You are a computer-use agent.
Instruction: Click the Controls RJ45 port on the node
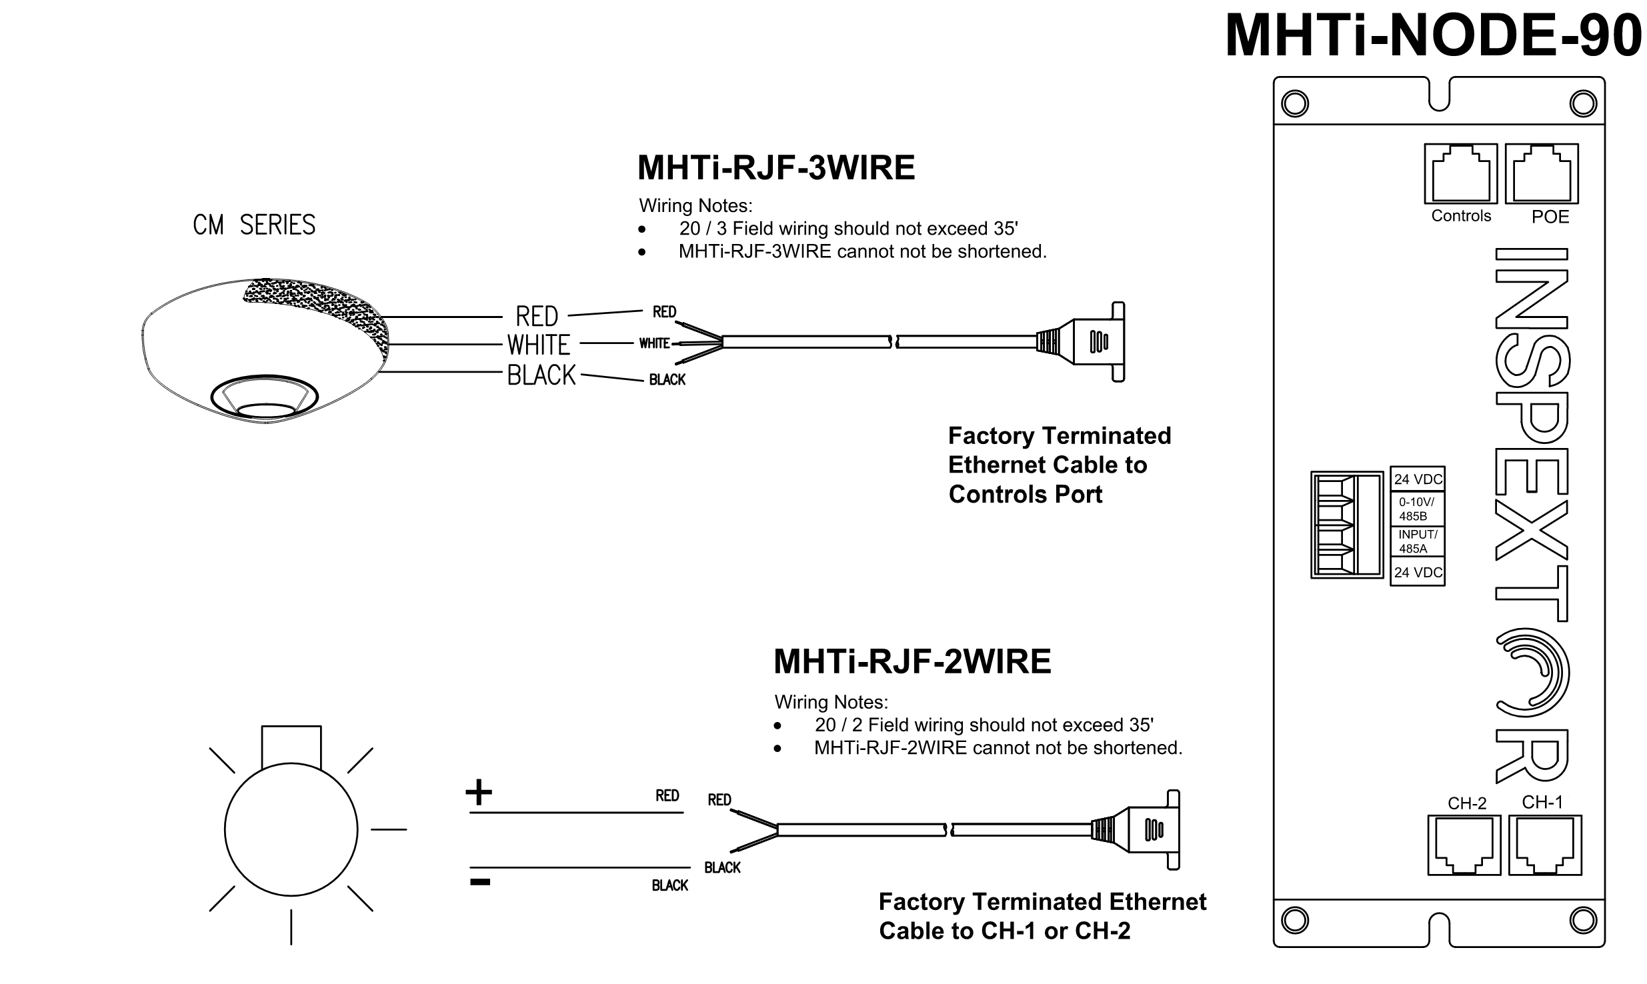click(1460, 173)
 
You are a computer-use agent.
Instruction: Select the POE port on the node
click(1541, 173)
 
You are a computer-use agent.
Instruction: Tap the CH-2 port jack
click(1464, 845)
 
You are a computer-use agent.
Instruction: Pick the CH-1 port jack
click(1544, 845)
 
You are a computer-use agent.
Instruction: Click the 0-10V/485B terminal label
click(1417, 509)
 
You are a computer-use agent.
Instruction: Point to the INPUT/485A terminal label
click(1417, 542)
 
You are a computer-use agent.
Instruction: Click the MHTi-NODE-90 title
click(1434, 36)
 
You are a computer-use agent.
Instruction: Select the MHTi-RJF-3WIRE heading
click(776, 167)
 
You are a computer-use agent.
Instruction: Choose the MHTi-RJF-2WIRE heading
click(912, 662)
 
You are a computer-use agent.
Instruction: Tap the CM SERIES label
click(254, 225)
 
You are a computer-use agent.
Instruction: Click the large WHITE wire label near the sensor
click(539, 345)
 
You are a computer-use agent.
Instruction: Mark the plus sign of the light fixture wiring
click(479, 793)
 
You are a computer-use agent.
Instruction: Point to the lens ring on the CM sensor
click(265, 399)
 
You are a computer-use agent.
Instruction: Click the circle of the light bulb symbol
click(291, 830)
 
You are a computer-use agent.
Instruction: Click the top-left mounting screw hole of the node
click(1295, 103)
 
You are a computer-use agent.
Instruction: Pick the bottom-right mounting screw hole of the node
click(1582, 920)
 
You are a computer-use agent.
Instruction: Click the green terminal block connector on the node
click(1346, 525)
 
